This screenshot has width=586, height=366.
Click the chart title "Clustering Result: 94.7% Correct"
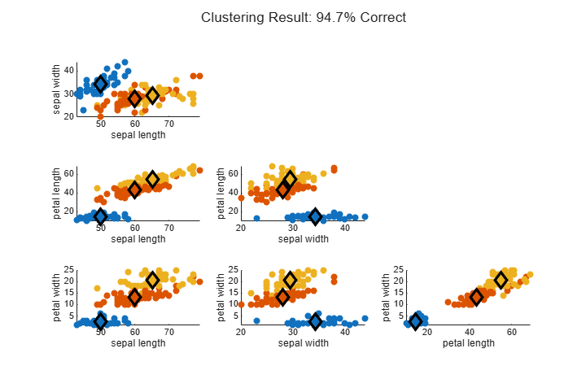tap(304, 17)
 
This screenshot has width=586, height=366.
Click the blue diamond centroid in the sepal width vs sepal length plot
tap(101, 84)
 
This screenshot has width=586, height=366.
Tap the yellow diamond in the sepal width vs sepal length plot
tap(152, 96)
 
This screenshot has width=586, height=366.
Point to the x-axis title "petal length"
tap(468, 343)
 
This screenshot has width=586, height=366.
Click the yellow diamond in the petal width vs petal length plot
tap(501, 280)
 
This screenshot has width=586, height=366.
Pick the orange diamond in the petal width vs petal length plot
tap(476, 297)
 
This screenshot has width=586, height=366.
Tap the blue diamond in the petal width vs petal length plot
tap(415, 321)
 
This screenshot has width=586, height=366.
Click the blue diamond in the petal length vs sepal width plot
tap(316, 216)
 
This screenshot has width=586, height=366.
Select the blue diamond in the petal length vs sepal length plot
tap(101, 216)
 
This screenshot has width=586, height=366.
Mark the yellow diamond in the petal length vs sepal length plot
tap(152, 180)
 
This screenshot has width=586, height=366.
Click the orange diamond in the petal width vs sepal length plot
tap(135, 297)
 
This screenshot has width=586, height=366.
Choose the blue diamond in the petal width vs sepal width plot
tap(316, 321)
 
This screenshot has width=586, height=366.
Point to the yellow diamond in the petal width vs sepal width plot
tap(291, 280)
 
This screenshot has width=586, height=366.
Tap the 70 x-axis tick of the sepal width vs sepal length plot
tap(169, 124)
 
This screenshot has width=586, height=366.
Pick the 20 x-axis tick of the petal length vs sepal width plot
tap(241, 228)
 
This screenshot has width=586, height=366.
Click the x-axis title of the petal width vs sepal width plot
tap(304, 343)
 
